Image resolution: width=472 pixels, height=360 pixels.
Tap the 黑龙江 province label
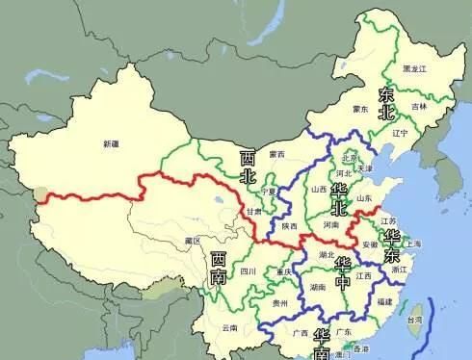pyautogui.click(x=416, y=69)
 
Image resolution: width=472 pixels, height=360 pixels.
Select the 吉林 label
pyautogui.click(x=417, y=107)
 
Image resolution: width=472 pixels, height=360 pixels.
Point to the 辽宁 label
pyautogui.click(x=400, y=133)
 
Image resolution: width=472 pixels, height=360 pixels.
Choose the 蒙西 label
pyautogui.click(x=276, y=153)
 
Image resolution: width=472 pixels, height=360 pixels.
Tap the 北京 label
pyautogui.click(x=349, y=158)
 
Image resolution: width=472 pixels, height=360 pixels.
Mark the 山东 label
pyautogui.click(x=365, y=198)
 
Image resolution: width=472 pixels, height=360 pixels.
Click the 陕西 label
pyautogui.click(x=289, y=227)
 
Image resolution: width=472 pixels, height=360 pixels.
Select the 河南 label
pyautogui.click(x=330, y=224)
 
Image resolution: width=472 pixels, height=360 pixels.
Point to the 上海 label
pyautogui.click(x=413, y=244)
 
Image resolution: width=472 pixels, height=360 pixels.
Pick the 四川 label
pyautogui.click(x=248, y=272)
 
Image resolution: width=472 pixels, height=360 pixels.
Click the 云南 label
pyautogui.click(x=229, y=327)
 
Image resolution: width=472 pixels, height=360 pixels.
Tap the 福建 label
pyautogui.click(x=384, y=302)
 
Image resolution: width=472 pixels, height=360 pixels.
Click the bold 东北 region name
pyautogui.click(x=386, y=103)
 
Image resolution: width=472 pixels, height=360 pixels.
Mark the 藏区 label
pyautogui.click(x=192, y=240)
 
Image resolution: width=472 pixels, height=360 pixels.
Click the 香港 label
pyautogui.click(x=360, y=348)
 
